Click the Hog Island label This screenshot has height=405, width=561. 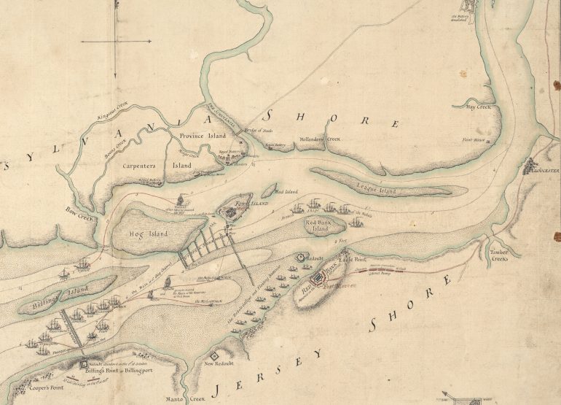148,234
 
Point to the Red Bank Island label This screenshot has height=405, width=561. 322,224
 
